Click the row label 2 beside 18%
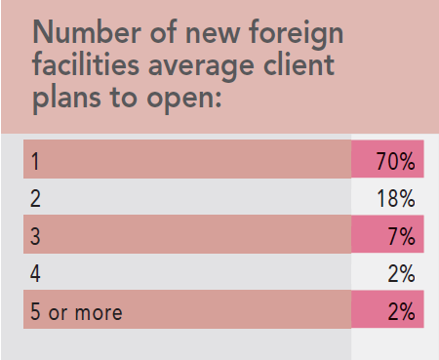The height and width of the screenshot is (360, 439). [35, 198]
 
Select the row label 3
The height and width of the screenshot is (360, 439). [35, 236]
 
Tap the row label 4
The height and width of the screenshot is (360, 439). [35, 273]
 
